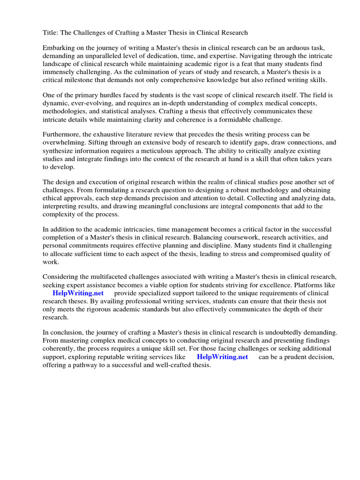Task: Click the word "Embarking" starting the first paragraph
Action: click(59, 48)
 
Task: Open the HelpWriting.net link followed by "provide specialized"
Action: click(78, 293)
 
